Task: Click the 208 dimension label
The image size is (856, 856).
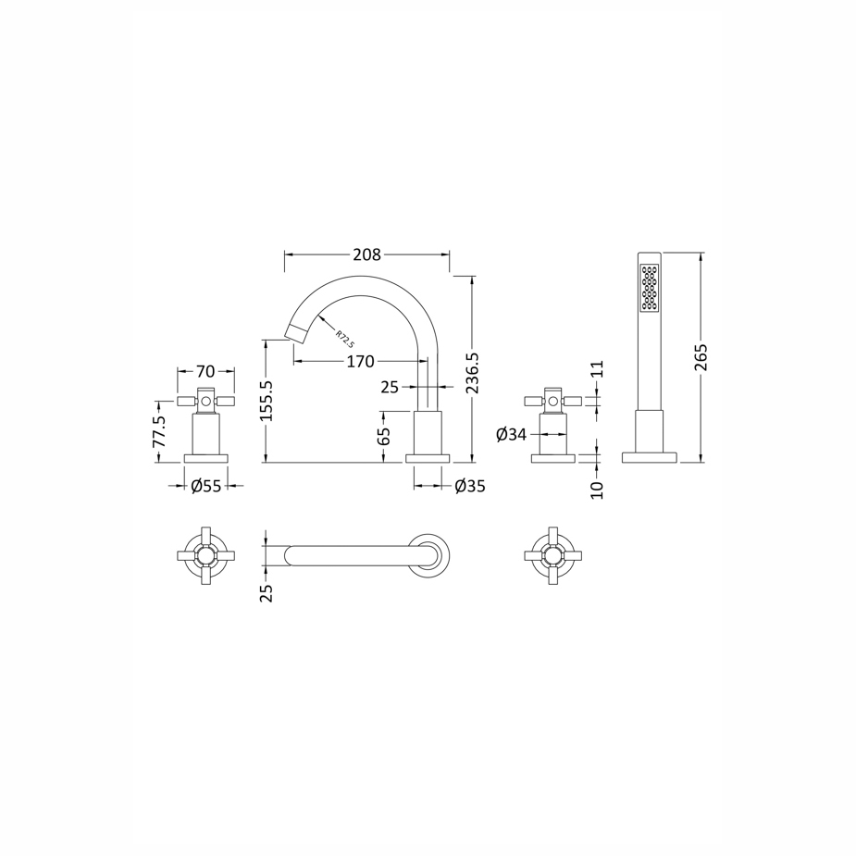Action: coord(366,254)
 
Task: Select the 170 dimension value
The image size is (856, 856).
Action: coord(360,362)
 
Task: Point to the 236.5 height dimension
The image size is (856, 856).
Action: coord(473,373)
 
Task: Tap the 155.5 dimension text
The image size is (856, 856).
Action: coord(267,402)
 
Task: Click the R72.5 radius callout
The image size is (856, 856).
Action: coord(345,339)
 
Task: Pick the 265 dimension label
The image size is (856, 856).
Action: coord(701,357)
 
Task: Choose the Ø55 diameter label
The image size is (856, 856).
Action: coord(206,485)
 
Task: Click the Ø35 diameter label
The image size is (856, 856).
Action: coord(470,485)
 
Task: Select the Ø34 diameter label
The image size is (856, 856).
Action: coord(512,435)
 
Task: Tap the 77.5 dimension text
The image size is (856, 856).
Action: coord(158,432)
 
